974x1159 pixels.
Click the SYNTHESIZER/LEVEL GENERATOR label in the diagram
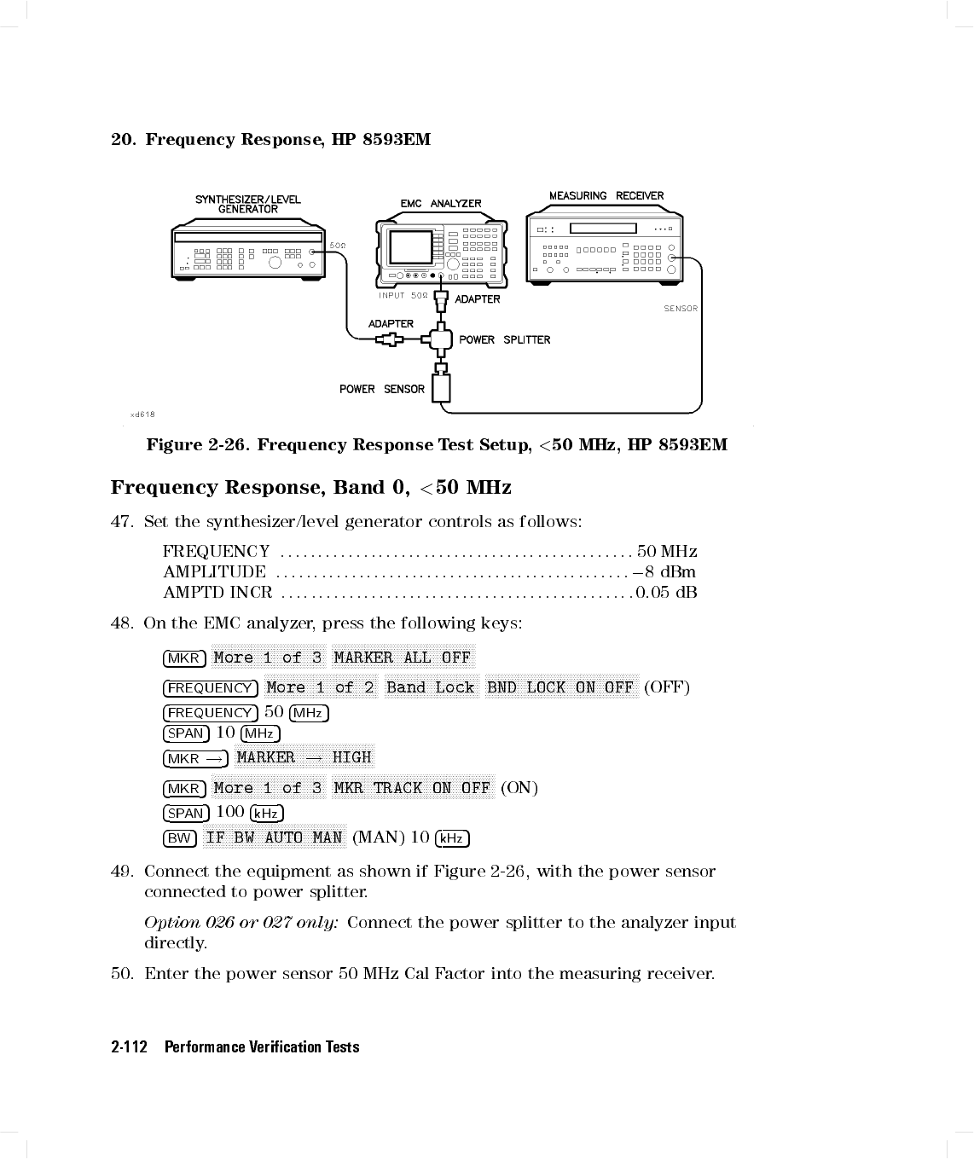point(247,204)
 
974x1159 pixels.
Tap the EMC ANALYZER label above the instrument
point(441,204)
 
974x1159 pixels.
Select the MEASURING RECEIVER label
point(606,196)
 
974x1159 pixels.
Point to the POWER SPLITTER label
point(504,339)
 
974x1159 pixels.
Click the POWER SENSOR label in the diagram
point(381,389)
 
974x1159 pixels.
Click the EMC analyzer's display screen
point(412,247)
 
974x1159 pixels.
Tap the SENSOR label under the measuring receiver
point(681,309)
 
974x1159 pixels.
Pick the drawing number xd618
point(142,414)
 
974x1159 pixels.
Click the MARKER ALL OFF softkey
point(402,658)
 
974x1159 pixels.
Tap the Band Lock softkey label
point(430,687)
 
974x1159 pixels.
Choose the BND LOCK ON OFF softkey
point(560,687)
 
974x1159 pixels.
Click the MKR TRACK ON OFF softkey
point(412,788)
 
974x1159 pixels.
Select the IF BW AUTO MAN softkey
point(275,837)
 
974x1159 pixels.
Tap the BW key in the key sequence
point(179,838)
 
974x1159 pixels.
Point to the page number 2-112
point(129,1047)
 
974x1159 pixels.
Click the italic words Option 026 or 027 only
point(241,923)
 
